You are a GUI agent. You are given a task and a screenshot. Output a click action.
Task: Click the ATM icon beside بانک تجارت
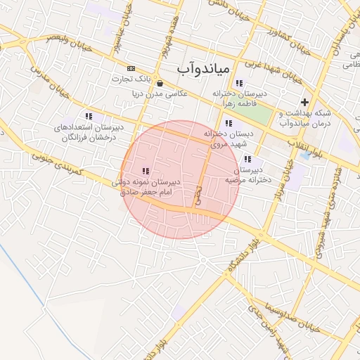(x=131, y=68)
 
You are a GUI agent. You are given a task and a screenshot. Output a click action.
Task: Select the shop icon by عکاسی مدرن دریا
(x=160, y=83)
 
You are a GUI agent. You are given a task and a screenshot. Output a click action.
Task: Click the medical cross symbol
(x=304, y=103)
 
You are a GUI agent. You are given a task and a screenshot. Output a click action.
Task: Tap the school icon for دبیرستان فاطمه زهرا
(x=240, y=82)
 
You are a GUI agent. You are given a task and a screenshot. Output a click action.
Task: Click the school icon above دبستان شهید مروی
(x=229, y=124)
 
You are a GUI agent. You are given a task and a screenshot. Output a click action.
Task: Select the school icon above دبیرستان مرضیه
(x=247, y=159)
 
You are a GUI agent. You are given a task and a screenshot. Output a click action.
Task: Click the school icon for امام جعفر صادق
(x=146, y=171)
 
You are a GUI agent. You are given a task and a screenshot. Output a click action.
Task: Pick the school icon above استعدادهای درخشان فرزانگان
(x=89, y=116)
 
